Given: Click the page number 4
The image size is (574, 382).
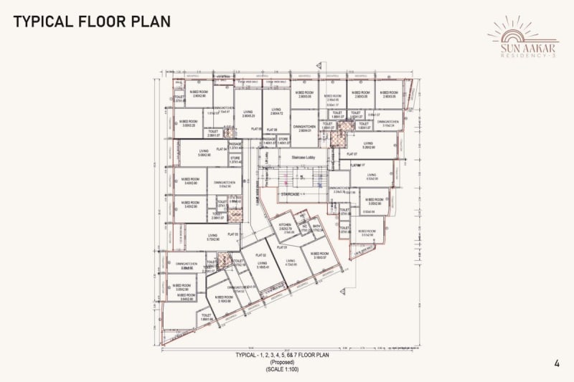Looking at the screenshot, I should click(x=557, y=363).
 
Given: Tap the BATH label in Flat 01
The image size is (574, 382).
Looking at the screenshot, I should click(x=316, y=226).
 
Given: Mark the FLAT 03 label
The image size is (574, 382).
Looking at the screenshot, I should click(x=232, y=234).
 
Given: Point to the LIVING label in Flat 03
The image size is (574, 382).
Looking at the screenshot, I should click(x=212, y=235).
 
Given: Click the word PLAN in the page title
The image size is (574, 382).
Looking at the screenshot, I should click(x=150, y=21).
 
